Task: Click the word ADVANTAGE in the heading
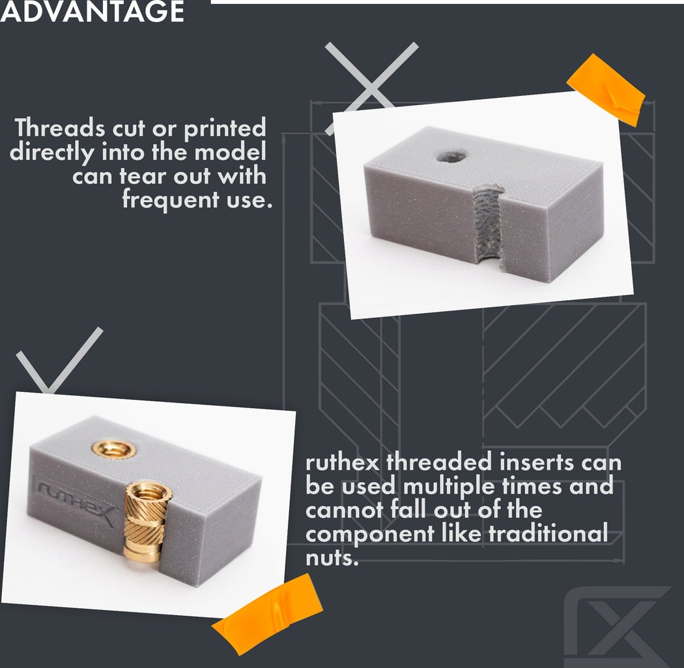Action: click(92, 11)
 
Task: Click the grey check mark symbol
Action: click(59, 360)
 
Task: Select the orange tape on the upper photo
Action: click(606, 90)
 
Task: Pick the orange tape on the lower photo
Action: click(267, 614)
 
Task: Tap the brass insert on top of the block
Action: click(114, 449)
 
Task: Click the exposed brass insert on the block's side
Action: click(146, 521)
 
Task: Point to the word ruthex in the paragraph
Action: click(343, 463)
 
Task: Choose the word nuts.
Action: click(332, 558)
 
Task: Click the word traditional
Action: click(548, 533)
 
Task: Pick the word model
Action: click(230, 152)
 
